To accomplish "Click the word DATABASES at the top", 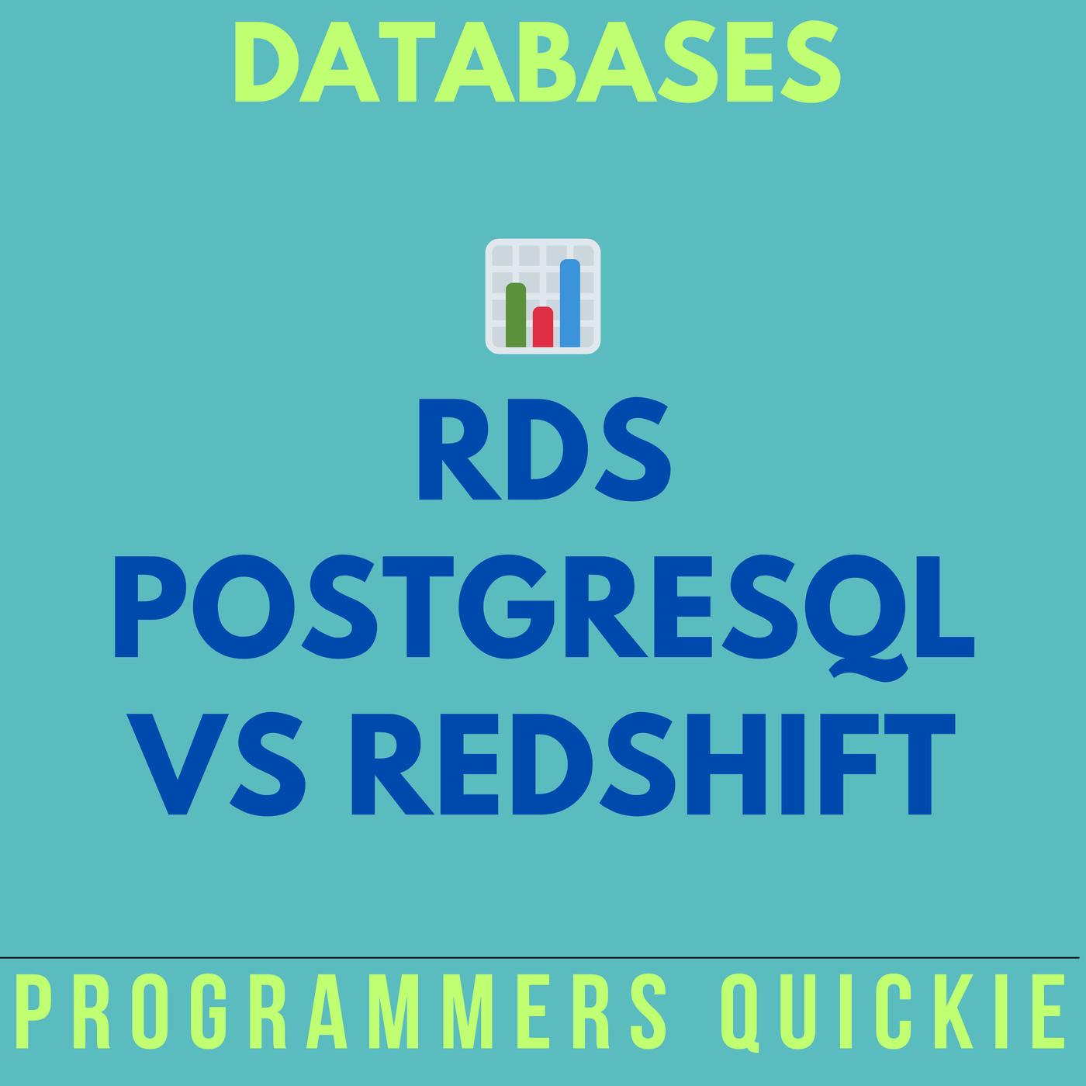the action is tap(537, 62).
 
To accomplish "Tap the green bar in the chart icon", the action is tap(516, 315).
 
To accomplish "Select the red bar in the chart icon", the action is tap(543, 327).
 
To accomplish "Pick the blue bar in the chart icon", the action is tap(570, 303).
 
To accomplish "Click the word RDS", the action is tap(544, 449).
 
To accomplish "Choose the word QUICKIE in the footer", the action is tap(894, 1013).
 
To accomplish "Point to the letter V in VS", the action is tap(178, 764).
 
